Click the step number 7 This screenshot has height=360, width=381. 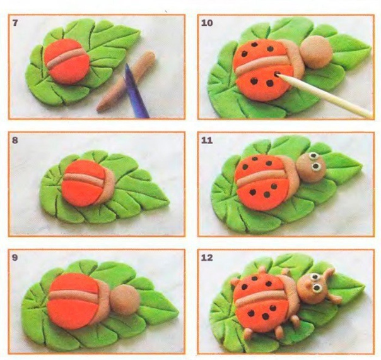click(x=15, y=23)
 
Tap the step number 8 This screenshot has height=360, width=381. click(x=15, y=140)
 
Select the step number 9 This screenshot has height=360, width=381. click(x=15, y=258)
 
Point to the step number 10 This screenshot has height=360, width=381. click(x=207, y=23)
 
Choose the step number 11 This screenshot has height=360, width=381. click(x=207, y=140)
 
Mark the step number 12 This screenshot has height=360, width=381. click(x=207, y=258)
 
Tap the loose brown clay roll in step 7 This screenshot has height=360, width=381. click(x=126, y=81)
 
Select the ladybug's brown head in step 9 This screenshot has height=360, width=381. click(x=125, y=300)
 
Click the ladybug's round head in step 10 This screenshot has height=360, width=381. click(x=316, y=52)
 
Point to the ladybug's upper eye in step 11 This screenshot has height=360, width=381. click(x=314, y=155)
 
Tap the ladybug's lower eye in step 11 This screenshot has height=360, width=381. click(x=316, y=166)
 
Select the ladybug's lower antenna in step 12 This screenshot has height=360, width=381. click(x=333, y=297)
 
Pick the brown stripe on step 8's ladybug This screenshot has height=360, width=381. click(x=85, y=178)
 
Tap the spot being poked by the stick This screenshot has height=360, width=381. click(x=278, y=74)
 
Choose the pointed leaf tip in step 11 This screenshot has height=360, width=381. click(x=361, y=166)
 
